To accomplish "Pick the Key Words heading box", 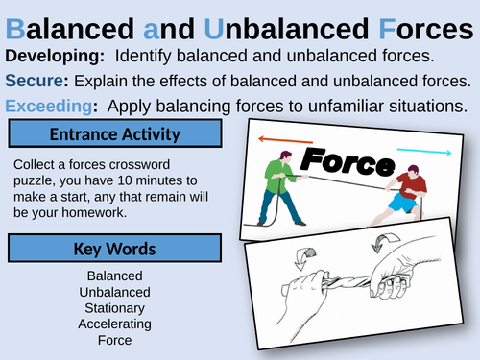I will coord(115,249).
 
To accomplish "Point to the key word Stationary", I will coord(114,307).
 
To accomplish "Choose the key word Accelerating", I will coord(114,324).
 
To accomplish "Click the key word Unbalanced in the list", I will coord(114,292).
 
